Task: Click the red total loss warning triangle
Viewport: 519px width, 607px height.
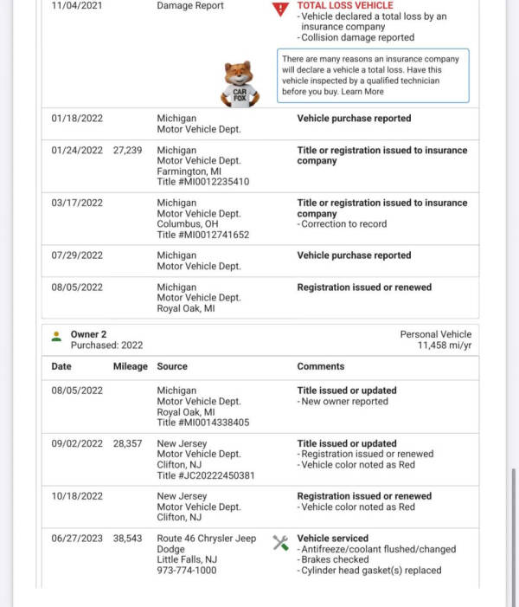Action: [279, 10]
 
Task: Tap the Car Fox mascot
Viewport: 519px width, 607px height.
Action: [240, 85]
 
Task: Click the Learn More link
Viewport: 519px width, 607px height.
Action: [362, 92]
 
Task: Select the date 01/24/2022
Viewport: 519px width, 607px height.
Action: [77, 150]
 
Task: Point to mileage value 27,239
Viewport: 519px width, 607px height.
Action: [127, 150]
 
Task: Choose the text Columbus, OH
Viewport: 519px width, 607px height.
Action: [187, 224]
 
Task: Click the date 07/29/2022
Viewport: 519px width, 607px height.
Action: [77, 255]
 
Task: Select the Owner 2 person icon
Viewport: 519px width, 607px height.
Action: [56, 335]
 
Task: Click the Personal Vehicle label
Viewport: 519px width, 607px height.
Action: [436, 334]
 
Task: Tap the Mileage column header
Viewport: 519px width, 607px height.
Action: [131, 366]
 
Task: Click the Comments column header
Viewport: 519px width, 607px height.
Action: [320, 366]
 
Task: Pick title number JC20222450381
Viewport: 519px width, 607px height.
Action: [205, 475]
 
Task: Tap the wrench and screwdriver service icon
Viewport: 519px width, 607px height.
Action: [280, 542]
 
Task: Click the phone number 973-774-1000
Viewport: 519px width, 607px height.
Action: [187, 571]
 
